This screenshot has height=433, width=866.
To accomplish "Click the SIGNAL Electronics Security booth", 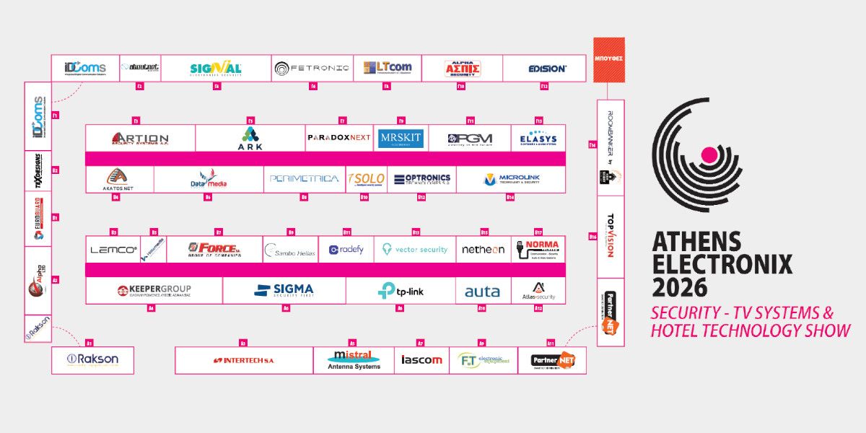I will tap(216, 69).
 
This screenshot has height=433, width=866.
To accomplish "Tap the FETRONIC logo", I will tap(312, 69).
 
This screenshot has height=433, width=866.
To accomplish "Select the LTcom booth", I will tap(388, 69).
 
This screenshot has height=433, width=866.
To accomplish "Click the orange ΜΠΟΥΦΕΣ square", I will tap(609, 58).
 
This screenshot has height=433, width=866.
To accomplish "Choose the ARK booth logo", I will tap(250, 138).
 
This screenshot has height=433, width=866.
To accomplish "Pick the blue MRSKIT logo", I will tap(401, 138).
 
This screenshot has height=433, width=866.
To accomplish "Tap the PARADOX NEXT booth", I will tap(339, 138).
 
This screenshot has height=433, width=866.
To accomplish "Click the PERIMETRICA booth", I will tap(304, 179).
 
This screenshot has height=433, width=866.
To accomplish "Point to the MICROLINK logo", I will tap(512, 179).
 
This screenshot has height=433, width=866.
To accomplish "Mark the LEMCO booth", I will tap(113, 250).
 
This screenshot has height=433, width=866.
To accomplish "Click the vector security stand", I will tap(415, 250).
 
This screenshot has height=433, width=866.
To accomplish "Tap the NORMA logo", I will tap(538, 250).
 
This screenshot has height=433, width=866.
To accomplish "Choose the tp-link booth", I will tap(401, 291).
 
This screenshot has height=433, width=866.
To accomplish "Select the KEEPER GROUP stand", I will tap(154, 291).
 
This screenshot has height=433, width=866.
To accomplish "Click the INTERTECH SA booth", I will tap(243, 360).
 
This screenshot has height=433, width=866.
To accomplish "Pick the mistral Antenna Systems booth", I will tap(354, 360).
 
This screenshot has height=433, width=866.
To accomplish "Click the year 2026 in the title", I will tap(681, 287).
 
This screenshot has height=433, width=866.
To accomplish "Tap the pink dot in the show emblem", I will tap(709, 154).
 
